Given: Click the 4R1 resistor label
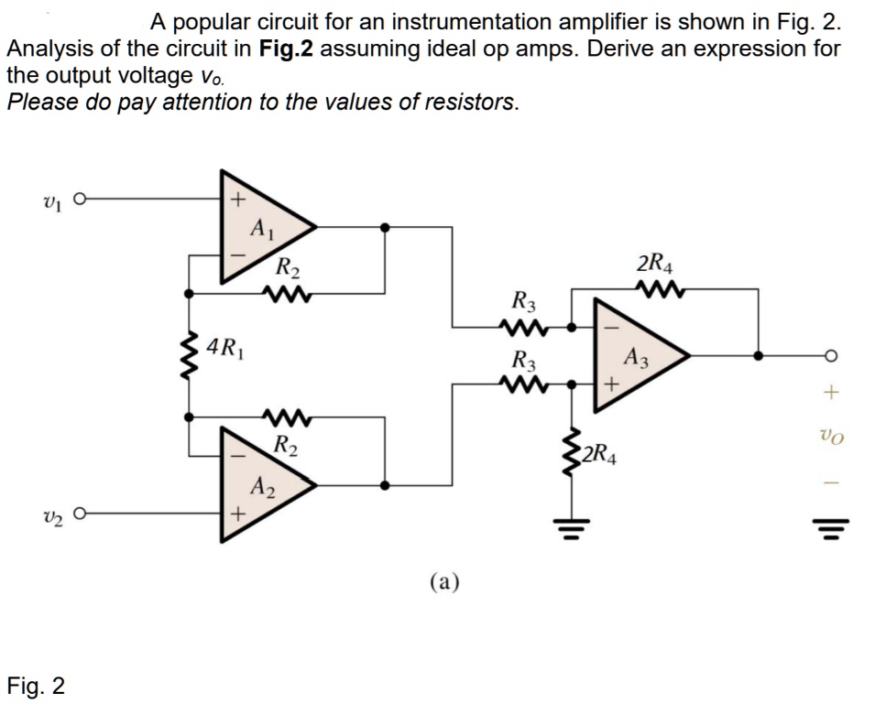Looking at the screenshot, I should click(x=225, y=348).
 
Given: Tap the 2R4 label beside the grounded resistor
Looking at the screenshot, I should click(x=607, y=452).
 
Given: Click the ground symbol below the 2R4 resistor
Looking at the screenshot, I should click(x=575, y=526).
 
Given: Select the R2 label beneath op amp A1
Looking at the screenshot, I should click(x=288, y=269).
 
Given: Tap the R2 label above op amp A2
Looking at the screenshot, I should click(x=288, y=448).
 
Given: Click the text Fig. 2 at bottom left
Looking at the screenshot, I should click(x=35, y=685).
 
